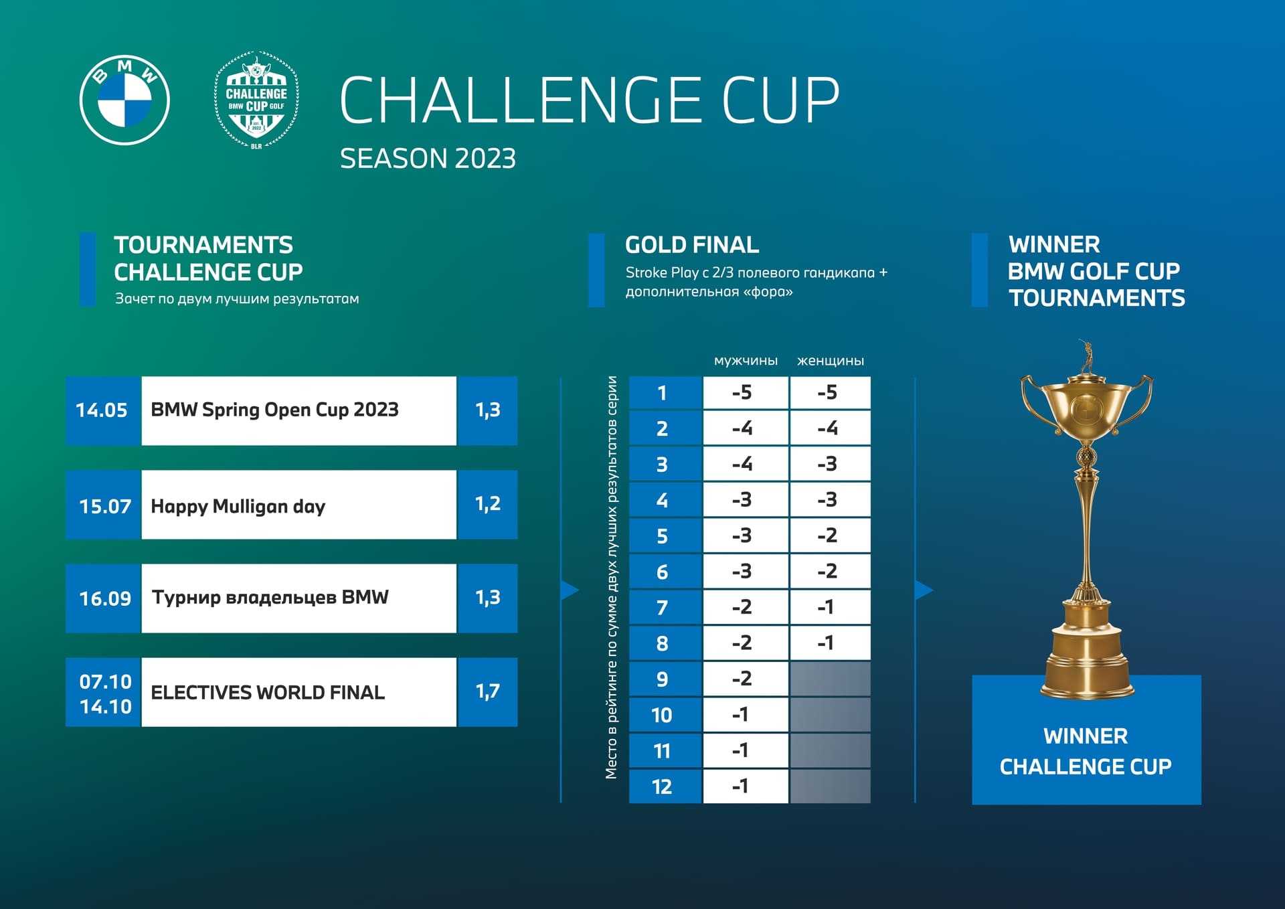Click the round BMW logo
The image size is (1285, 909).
[124, 100]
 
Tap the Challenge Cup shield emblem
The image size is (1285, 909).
[256, 100]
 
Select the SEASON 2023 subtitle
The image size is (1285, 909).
[428, 159]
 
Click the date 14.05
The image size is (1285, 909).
[102, 410]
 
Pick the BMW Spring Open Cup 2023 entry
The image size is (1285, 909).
[274, 410]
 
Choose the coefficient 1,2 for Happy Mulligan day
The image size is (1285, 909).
[487, 504]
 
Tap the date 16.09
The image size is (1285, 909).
[105, 598]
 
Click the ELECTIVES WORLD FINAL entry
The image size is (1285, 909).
[268, 692]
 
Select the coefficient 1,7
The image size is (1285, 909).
[487, 691]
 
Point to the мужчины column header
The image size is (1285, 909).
[746, 361]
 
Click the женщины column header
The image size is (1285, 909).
[831, 361]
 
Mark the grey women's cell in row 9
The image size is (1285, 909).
[831, 679]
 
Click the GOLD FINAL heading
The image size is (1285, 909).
[692, 245]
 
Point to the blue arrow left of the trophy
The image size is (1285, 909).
[924, 590]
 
